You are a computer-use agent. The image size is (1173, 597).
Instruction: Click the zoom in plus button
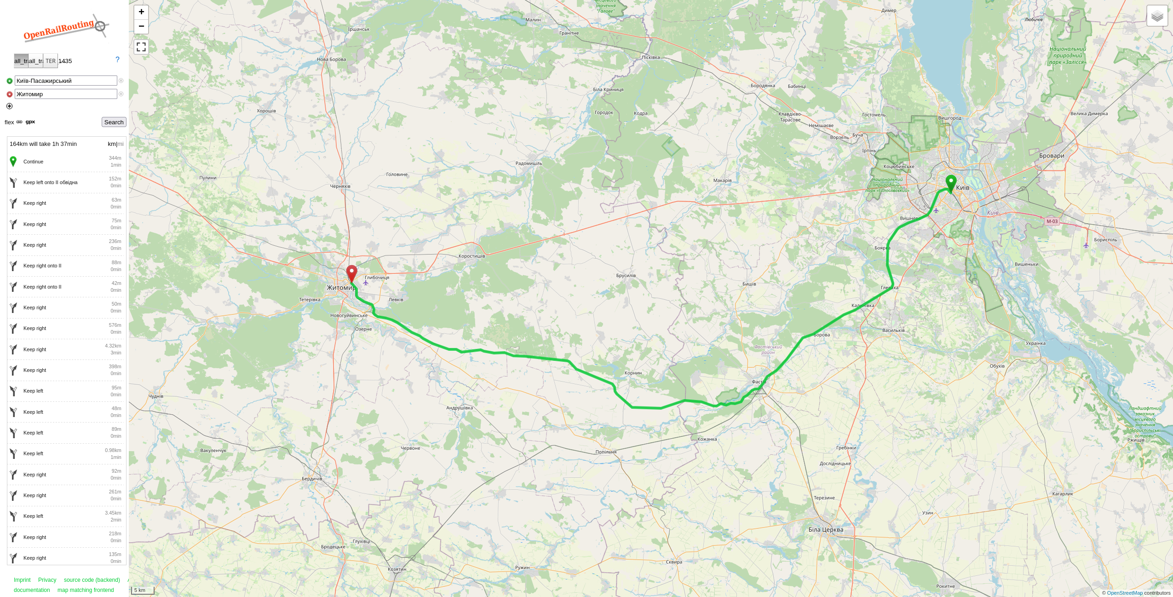(x=141, y=12)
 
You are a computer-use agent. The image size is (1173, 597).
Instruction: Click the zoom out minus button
(x=141, y=26)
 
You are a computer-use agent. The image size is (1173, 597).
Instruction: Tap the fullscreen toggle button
(x=141, y=47)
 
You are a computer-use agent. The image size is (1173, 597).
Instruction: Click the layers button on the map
(x=1157, y=16)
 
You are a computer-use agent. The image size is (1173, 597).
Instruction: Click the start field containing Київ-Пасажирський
(x=66, y=81)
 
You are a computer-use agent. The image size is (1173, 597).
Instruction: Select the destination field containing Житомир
(x=66, y=94)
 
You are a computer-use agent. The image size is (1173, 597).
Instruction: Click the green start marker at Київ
(x=951, y=183)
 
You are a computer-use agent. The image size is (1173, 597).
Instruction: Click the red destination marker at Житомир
(x=351, y=273)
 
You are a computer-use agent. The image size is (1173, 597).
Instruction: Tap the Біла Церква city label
(x=826, y=530)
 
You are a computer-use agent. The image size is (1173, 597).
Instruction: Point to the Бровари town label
(x=1052, y=156)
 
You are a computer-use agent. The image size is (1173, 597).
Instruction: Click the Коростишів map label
(x=471, y=256)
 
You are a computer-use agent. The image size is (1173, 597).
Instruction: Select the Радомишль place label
(x=529, y=163)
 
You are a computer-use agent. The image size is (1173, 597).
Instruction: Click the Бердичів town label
(x=312, y=479)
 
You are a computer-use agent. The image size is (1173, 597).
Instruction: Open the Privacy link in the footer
(x=47, y=580)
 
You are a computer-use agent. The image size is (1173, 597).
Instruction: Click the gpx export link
(x=30, y=122)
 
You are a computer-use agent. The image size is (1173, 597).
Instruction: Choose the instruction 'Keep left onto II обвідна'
(x=51, y=183)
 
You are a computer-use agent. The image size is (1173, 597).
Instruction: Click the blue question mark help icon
(x=117, y=60)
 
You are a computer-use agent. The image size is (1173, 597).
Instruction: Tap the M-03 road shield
(x=1052, y=221)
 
